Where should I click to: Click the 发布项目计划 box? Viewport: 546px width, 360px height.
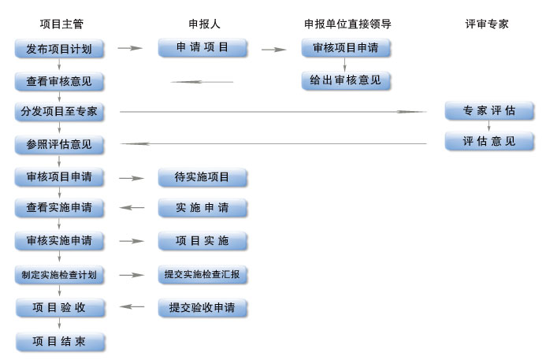59,49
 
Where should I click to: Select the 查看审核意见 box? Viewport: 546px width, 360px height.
59,81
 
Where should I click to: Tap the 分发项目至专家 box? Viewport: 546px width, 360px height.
59,111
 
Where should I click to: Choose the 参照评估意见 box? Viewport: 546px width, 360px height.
59,144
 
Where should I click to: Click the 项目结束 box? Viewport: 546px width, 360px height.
59,342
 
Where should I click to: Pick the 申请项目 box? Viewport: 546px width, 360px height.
202,47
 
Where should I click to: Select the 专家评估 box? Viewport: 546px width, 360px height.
489,110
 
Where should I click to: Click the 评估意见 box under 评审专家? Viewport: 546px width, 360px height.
489,141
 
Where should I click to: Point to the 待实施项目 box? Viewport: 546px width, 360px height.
202,177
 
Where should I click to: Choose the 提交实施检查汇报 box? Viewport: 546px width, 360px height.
202,274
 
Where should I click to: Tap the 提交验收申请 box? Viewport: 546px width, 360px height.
202,307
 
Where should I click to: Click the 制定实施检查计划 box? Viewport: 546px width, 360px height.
59,274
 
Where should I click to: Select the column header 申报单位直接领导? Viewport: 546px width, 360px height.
347,24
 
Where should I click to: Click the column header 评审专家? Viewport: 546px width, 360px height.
487,24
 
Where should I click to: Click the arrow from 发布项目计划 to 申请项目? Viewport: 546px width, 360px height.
130,49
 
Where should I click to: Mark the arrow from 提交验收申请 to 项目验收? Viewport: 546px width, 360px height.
132,307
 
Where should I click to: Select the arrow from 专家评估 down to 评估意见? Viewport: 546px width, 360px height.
488,126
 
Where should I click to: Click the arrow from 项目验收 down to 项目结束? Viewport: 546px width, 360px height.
59,325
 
